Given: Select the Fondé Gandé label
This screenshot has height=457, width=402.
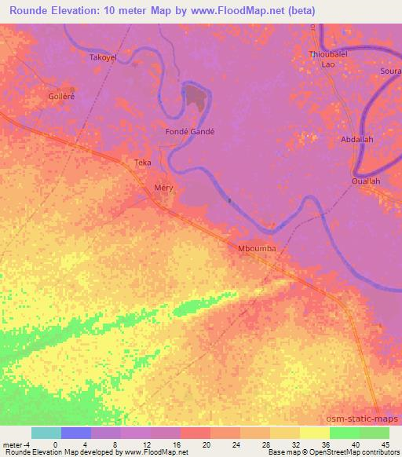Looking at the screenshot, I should click(189, 131).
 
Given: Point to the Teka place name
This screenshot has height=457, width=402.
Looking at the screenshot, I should click(142, 163).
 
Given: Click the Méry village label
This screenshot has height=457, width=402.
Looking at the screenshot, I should click(163, 188).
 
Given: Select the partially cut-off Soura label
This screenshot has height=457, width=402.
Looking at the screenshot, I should click(390, 71).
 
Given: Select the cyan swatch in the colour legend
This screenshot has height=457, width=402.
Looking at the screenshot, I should click(46, 433).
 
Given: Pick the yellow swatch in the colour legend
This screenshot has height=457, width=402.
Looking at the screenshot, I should click(315, 433).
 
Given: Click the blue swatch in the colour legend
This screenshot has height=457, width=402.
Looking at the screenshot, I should click(76, 433).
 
